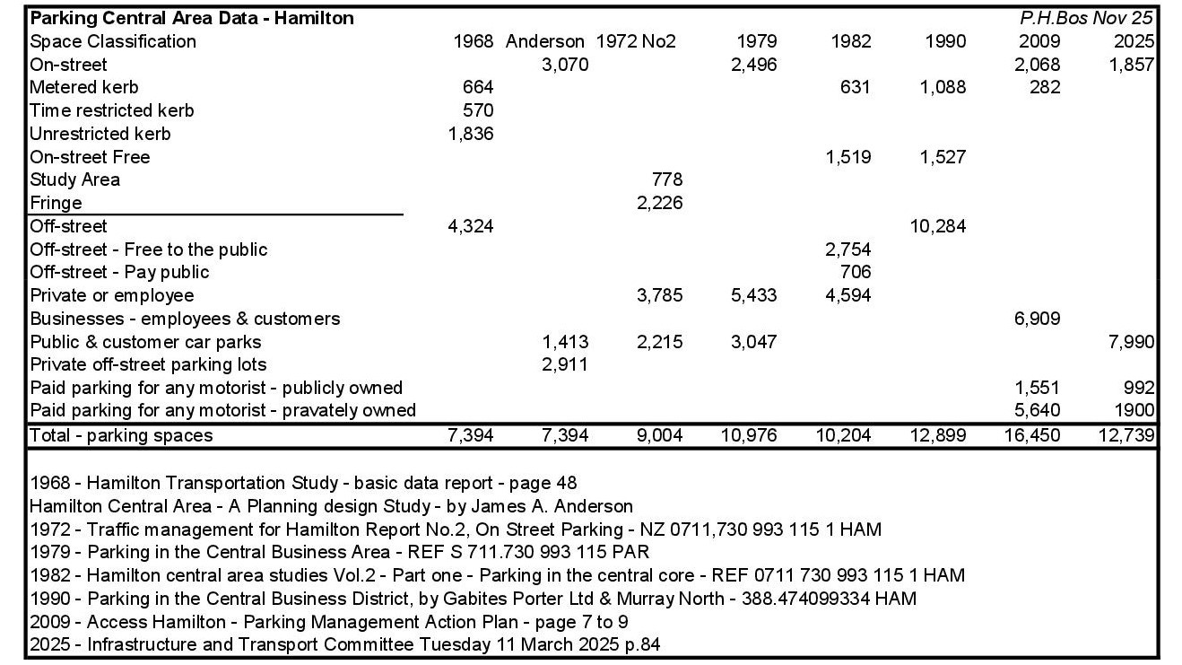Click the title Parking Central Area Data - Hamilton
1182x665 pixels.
point(191,18)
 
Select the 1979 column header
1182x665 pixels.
point(756,41)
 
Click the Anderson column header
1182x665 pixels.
point(545,41)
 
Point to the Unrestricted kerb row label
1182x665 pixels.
point(100,134)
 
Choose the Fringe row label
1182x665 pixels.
point(56,203)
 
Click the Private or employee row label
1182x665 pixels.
point(111,295)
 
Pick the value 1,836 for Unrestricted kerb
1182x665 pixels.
point(470,134)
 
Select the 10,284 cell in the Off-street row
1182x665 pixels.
point(937,226)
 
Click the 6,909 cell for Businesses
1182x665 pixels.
point(1037,319)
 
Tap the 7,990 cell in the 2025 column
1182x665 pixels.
point(1132,342)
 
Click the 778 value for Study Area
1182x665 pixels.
point(666,179)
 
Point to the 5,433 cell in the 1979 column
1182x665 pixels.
point(753,295)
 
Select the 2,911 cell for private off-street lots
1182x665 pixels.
point(565,364)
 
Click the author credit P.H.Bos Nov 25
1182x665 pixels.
point(1086,18)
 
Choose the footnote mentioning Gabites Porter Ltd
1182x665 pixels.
point(473,599)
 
